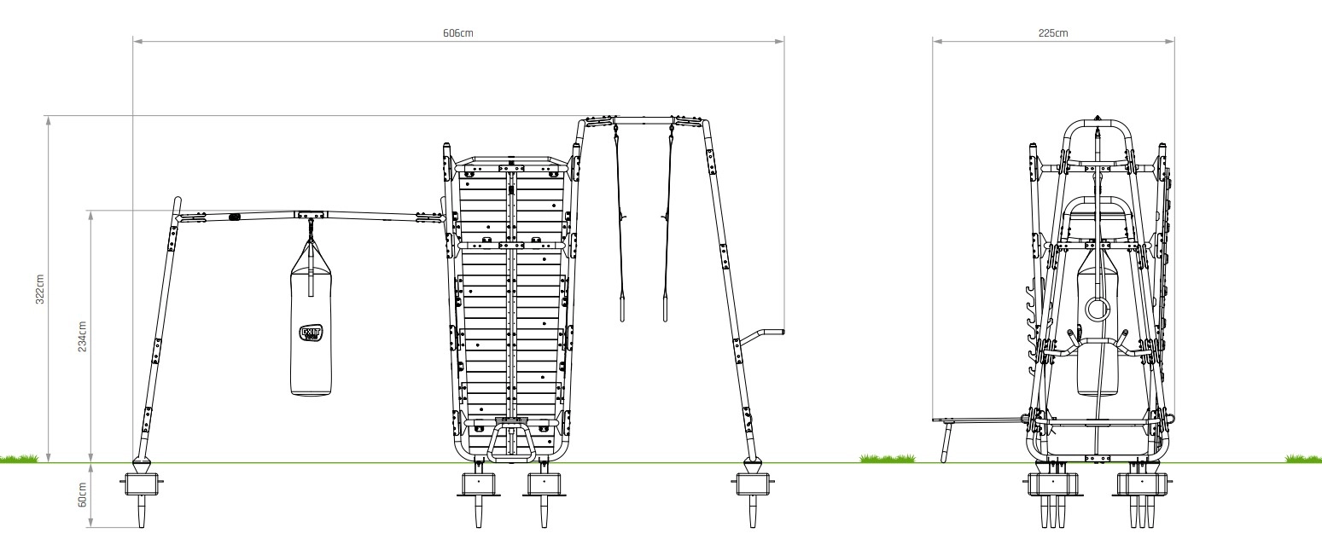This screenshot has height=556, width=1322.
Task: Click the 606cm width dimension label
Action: (x=458, y=33)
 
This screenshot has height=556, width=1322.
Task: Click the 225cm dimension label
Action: (x=1053, y=33)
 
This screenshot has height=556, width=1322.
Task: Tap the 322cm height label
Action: (x=40, y=289)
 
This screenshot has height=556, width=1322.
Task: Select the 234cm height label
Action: (x=83, y=337)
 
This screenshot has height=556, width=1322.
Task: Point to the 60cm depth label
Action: (x=83, y=495)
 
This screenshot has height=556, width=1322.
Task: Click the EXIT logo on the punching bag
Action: (x=311, y=333)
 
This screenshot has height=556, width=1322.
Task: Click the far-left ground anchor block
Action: (x=142, y=484)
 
